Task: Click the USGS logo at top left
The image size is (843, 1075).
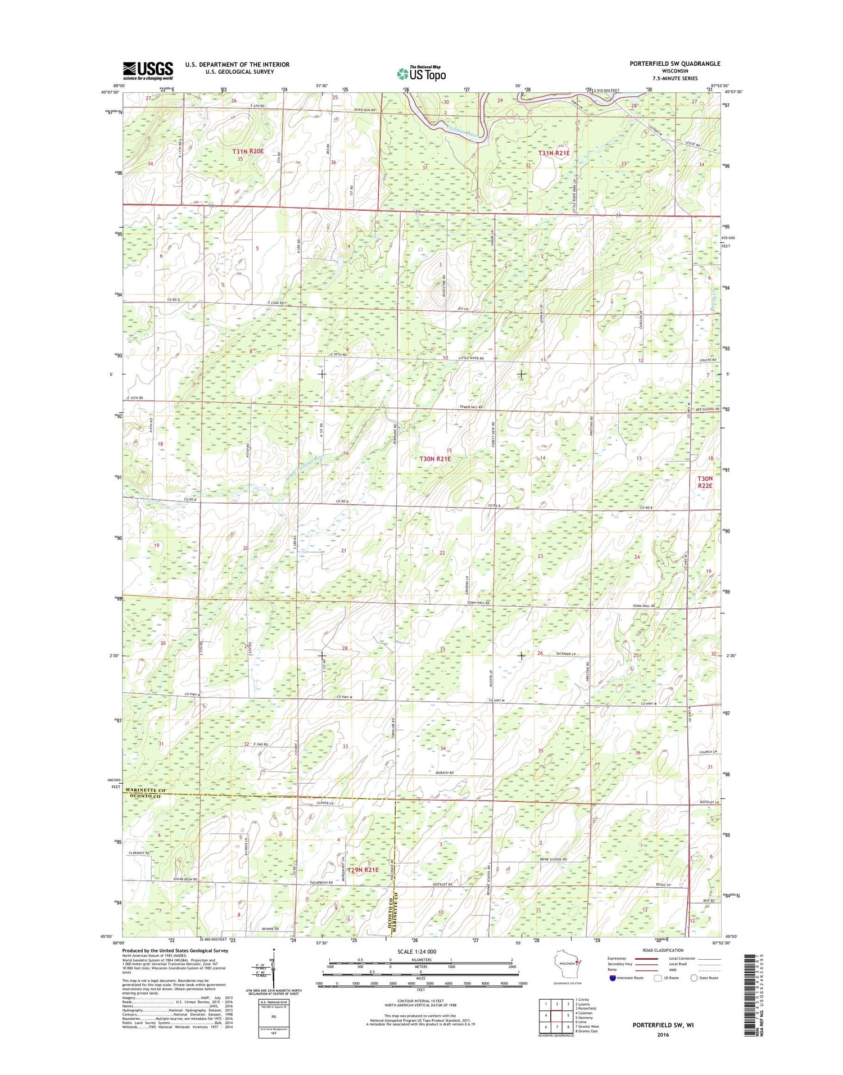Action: tap(148, 69)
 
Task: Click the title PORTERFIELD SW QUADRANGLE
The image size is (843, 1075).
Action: tap(674, 64)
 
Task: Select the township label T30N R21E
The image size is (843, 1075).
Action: tap(436, 459)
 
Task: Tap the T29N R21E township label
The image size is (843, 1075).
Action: tap(364, 870)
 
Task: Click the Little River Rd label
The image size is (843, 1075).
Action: tap(470, 358)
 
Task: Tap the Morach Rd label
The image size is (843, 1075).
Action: tap(444, 773)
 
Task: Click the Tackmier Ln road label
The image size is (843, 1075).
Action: tap(564, 654)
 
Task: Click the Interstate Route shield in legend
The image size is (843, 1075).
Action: tap(612, 978)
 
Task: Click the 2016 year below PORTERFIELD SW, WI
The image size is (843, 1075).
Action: tap(663, 1035)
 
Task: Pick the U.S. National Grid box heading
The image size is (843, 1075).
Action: tap(273, 1002)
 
